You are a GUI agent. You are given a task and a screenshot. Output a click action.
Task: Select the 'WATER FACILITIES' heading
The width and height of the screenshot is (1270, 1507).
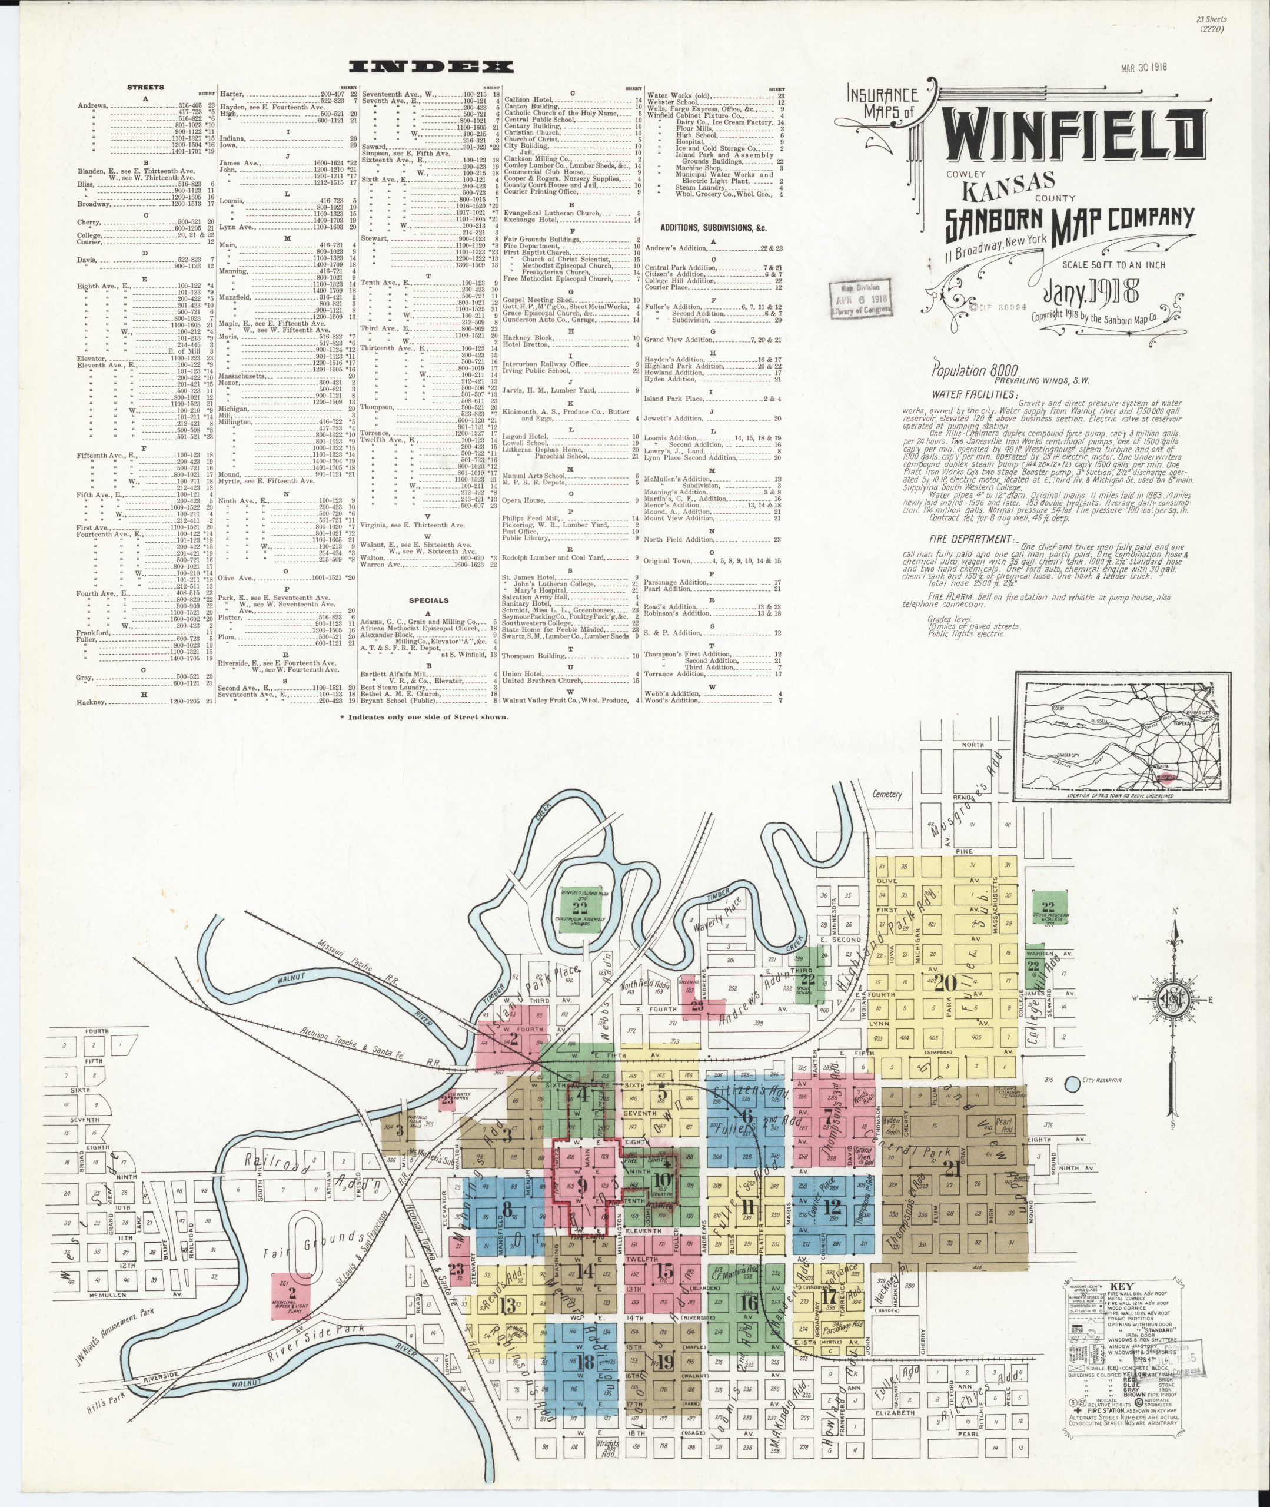point(975,394)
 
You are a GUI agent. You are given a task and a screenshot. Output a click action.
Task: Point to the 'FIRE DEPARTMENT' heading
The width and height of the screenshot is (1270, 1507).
point(968,539)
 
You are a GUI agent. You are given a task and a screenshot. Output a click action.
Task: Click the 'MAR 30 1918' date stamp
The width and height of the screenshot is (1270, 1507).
point(1143,68)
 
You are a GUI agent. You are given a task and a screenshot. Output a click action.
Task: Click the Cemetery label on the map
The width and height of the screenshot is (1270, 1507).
point(886,794)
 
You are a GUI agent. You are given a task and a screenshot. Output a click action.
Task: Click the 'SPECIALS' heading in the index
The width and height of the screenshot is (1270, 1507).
point(428,600)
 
